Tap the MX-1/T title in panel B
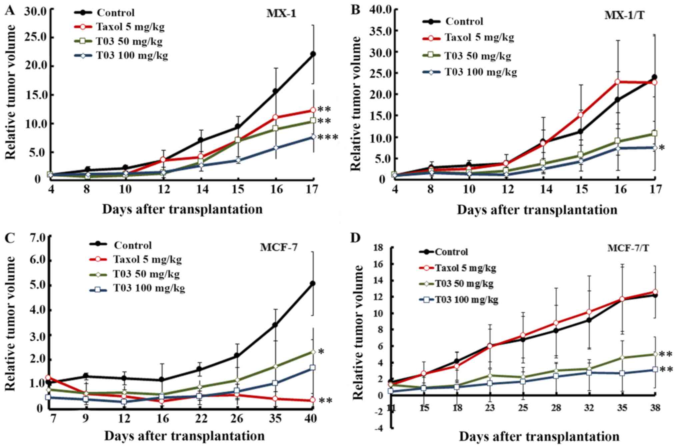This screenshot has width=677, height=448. coord(624,25)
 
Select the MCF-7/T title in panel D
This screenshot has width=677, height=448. coord(628,248)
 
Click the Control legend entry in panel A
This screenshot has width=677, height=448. coord(115,13)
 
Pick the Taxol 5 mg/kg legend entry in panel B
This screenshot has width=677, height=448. coord(479,37)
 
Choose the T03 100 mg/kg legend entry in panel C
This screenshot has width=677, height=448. coord(149,288)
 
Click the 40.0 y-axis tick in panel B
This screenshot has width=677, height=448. coord(382,9)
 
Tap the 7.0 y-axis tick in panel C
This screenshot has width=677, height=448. coord(37,237)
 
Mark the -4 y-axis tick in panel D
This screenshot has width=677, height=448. coord(379,428)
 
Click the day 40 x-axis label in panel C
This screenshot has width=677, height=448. coord(311,418)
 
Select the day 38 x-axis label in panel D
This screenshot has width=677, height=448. coord(655,407)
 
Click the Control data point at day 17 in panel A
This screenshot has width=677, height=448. coord(313,54)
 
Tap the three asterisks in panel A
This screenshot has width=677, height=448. coord(328,137)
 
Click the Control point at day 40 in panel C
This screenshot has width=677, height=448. coord(313,284)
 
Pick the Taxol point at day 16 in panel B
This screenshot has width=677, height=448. coord(617,82)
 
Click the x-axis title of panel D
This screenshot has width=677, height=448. coord(539,436)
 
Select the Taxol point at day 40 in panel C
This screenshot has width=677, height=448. coord(313,400)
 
